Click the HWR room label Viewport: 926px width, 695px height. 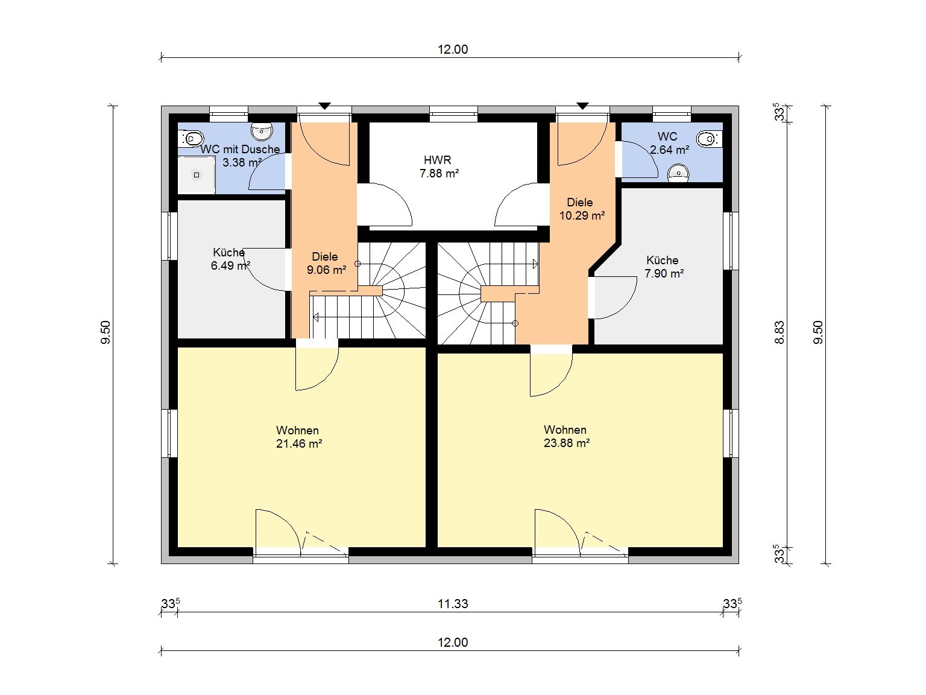coord(438,160)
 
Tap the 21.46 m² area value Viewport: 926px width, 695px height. coord(299,444)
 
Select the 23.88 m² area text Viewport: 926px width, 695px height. coord(567,443)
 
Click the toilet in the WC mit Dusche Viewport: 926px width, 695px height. coord(191,138)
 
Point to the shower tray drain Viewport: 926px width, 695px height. coord(197,175)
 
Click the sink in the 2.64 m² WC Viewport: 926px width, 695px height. coord(678,174)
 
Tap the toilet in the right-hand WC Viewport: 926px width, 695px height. coord(710,138)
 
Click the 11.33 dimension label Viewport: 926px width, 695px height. coord(453,604)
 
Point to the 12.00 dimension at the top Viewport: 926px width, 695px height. coord(453,49)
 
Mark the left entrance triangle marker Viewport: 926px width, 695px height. coord(325,106)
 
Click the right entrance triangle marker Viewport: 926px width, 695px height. coord(582,106)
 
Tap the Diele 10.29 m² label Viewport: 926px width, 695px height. coord(582,209)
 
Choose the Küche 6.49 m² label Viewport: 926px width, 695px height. coord(230,259)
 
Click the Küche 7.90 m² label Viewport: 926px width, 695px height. coord(664,267)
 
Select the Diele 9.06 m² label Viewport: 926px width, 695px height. coord(326,263)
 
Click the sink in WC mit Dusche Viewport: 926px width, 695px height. coord(262,132)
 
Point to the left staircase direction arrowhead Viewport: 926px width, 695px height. coord(315,318)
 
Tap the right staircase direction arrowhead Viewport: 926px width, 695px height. coord(535,264)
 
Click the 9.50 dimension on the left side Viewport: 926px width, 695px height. coord(106,332)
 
